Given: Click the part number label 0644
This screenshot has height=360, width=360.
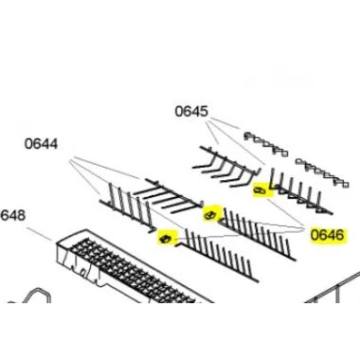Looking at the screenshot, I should click(41, 145).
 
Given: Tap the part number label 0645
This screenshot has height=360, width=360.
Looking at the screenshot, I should click(191, 112).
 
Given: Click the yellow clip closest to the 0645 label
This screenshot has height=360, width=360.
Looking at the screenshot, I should click(261, 192).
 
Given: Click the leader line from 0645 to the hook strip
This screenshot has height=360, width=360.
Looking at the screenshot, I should click(228, 123).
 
